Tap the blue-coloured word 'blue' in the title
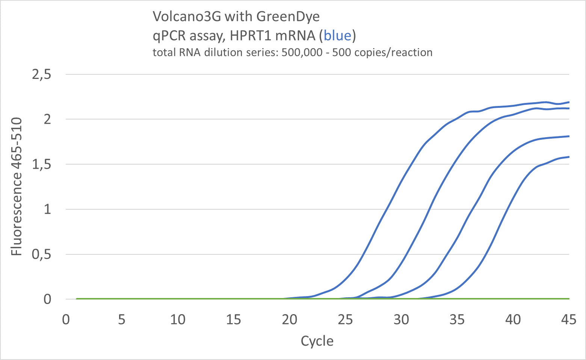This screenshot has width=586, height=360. [x=337, y=36]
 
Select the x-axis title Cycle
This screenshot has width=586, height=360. [x=317, y=341]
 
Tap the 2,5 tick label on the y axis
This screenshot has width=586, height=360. [x=42, y=74]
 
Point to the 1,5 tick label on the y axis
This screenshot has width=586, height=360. [x=42, y=164]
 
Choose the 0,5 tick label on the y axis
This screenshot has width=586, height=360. [x=42, y=254]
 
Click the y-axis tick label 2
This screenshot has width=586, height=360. [x=47, y=119]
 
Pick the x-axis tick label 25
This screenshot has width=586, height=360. [x=345, y=320]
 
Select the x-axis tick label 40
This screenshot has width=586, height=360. [x=513, y=320]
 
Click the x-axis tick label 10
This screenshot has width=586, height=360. [x=178, y=320]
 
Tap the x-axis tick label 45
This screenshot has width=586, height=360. [x=568, y=320]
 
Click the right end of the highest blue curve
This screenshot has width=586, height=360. [x=569, y=102]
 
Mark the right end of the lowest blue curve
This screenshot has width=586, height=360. [x=569, y=157]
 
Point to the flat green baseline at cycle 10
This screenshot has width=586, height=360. [x=178, y=299]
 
